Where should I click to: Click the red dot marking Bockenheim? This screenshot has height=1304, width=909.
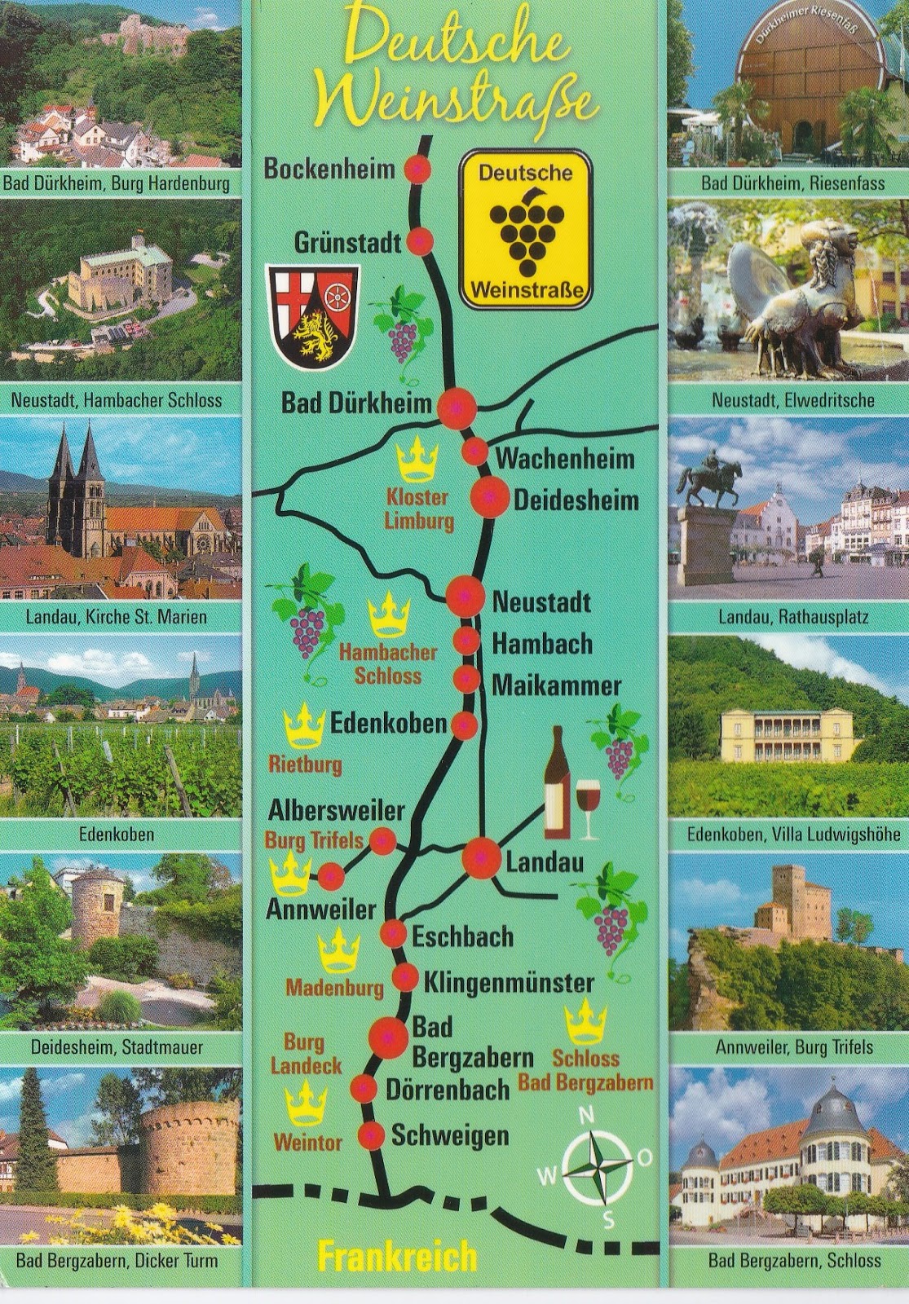pos(418,169)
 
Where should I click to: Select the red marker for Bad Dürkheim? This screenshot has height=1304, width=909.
pos(457,407)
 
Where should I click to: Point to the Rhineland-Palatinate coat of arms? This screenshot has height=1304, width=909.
pos(313,317)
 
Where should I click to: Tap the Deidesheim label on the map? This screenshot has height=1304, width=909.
pos(575,500)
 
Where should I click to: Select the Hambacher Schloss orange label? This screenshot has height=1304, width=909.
pos(388,663)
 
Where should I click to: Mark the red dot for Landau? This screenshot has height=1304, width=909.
pos(481,857)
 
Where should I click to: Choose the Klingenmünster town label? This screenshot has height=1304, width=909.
pos(508,981)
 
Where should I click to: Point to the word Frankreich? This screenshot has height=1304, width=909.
pos(396,1258)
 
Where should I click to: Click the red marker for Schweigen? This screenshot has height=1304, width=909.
pos(372,1134)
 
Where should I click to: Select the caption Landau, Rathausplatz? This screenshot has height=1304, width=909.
pos(781,617)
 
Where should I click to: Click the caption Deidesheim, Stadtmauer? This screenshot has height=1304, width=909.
pos(117,1046)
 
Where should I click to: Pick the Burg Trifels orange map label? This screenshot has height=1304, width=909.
pos(314,839)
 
